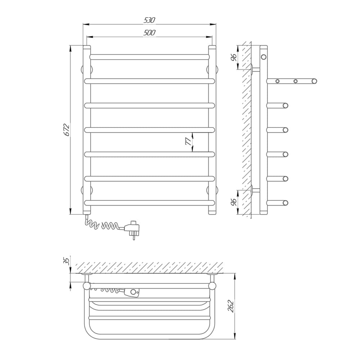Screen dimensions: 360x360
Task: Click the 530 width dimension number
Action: pyautogui.click(x=149, y=20)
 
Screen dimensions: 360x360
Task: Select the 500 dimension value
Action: pyautogui.click(x=149, y=33)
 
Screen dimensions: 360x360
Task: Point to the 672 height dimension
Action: pyautogui.click(x=66, y=130)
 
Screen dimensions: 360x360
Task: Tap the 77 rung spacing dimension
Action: pyautogui.click(x=188, y=142)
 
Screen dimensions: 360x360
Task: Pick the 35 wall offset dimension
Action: pyautogui.click(x=66, y=261)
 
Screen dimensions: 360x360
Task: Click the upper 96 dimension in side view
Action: pyautogui.click(x=234, y=57)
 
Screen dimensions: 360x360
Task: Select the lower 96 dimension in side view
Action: pyautogui.click(x=234, y=202)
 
